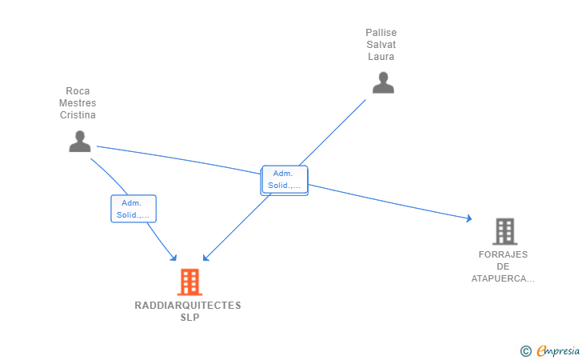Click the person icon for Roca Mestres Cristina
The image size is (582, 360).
(80, 141)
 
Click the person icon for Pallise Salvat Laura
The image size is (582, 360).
(383, 82)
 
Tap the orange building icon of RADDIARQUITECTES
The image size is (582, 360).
(189, 282)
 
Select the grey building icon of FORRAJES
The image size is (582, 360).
(504, 231)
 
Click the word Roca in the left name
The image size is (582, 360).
(78, 91)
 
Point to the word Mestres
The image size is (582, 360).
(78, 103)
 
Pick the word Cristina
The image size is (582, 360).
(78, 115)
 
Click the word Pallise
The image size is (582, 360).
(381, 33)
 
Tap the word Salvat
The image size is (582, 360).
(381, 45)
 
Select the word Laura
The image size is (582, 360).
(381, 57)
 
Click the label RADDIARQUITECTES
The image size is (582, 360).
(188, 306)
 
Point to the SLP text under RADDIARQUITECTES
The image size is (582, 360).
(189, 318)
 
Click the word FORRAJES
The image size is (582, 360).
(503, 254)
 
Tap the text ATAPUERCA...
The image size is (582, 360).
(503, 278)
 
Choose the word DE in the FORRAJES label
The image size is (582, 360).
(503, 266)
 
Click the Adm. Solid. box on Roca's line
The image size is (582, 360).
(134, 209)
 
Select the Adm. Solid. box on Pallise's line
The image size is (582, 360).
(284, 180)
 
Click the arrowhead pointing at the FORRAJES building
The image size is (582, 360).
(469, 218)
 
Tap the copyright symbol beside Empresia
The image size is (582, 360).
(525, 350)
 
